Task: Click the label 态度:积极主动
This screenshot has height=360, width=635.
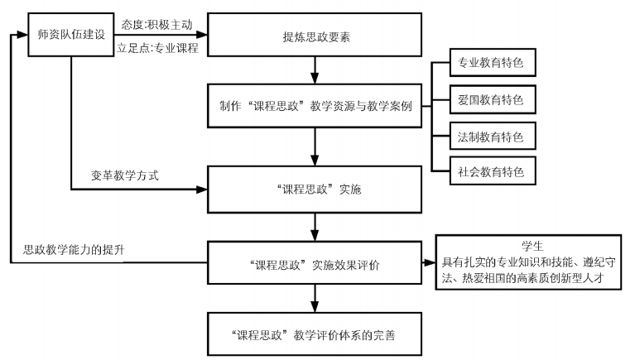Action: (156, 25)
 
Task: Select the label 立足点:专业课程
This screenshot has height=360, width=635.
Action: (156, 49)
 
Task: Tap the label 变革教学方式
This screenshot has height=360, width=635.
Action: (124, 176)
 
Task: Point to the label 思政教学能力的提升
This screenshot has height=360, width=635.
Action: (74, 249)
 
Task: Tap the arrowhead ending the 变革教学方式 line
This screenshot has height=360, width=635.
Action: (200, 190)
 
